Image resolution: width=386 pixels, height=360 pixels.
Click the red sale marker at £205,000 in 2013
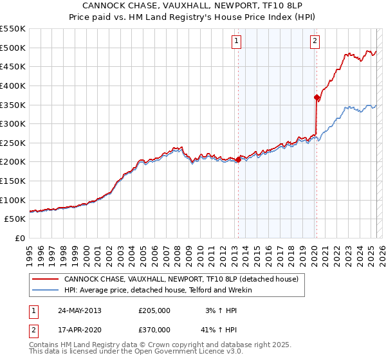[238, 160]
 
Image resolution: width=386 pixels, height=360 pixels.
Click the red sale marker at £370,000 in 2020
[317, 97]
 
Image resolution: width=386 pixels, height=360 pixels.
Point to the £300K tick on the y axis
[14, 123]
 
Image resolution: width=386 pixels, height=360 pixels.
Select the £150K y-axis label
[14, 181]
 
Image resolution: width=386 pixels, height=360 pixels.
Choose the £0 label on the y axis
[19, 238]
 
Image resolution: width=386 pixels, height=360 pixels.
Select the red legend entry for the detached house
[181, 280]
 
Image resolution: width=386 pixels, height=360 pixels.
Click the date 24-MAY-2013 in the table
[80, 310]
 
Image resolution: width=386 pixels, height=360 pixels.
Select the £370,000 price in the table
[154, 330]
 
